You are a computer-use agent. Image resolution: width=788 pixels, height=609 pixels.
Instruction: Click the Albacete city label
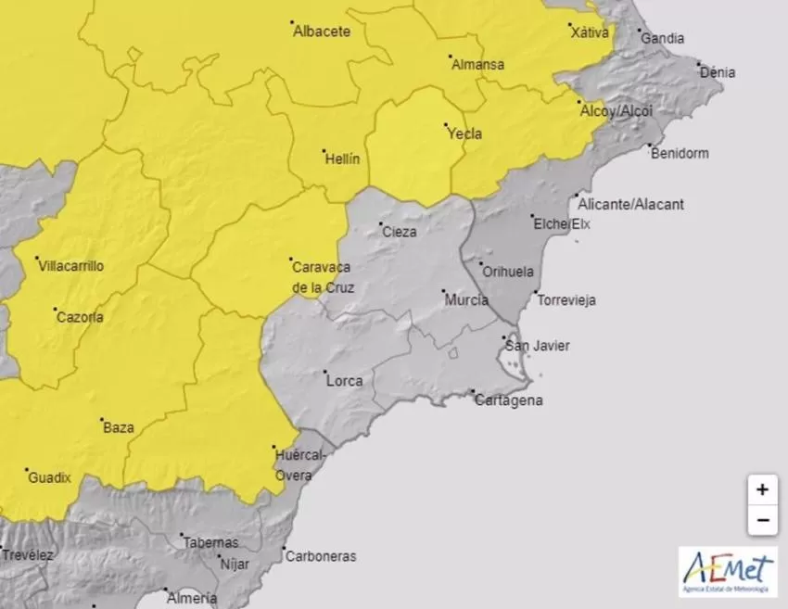[322, 32]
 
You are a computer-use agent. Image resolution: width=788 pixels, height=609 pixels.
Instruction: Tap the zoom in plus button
[762, 489]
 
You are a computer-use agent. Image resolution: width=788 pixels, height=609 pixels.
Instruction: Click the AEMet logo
[728, 571]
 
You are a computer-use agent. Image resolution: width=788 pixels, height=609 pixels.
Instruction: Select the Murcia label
[466, 300]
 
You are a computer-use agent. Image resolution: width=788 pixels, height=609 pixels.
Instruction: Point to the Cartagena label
[508, 401]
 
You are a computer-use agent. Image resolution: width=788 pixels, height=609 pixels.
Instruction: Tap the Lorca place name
[344, 380]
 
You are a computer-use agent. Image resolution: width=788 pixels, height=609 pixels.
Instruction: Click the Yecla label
[465, 133]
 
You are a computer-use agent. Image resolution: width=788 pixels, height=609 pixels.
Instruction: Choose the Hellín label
[342, 159]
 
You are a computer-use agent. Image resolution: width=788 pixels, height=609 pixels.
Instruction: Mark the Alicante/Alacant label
[630, 204]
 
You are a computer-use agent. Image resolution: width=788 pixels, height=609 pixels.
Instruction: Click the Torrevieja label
[566, 300]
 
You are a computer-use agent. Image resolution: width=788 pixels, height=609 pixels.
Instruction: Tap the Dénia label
[718, 71]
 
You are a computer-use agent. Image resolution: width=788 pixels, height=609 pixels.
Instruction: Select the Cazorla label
[80, 317]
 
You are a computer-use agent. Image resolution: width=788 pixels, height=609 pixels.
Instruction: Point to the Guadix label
[50, 478]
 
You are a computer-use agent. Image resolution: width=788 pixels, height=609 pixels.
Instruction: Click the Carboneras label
[321, 557]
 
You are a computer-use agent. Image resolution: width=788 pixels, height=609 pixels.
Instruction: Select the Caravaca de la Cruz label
[323, 277]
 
